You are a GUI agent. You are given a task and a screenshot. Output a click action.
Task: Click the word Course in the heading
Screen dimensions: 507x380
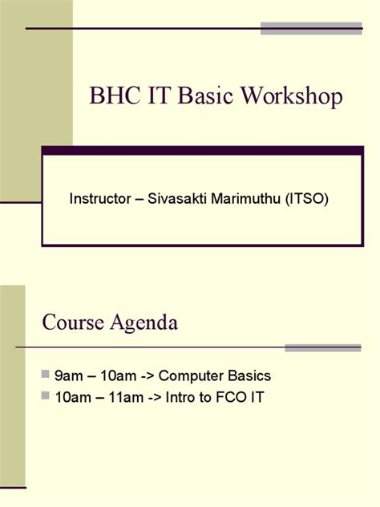pos(72,323)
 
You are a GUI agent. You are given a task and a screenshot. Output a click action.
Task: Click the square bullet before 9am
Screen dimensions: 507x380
pos(45,375)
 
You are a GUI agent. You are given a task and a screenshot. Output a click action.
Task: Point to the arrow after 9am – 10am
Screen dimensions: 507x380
pos(153,375)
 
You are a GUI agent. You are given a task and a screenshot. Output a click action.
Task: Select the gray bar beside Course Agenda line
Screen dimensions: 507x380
pos(323,348)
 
